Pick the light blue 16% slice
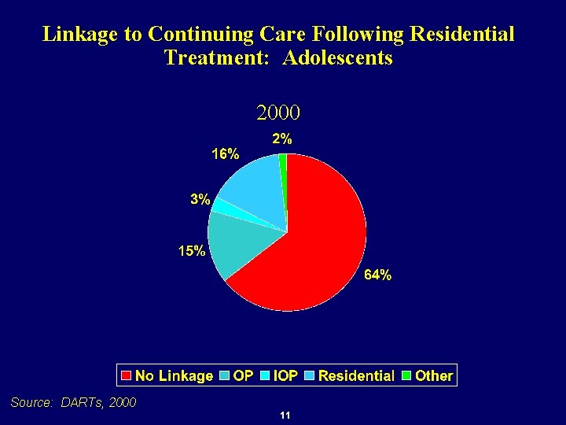coord(252,185)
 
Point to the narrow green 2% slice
coord(283,162)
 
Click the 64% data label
coord(377,275)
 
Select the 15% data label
coord(192,252)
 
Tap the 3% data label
coord(200,200)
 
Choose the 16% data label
coord(225,154)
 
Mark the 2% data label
coord(282,139)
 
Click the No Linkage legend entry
coord(167,376)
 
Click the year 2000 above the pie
coord(278,113)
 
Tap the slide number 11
coord(285,416)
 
